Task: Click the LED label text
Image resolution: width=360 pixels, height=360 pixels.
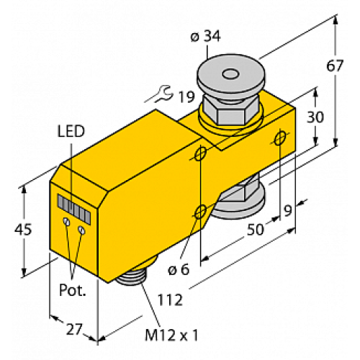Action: pyautogui.click(x=71, y=131)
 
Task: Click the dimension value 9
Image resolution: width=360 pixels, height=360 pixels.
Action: pyautogui.click(x=289, y=211)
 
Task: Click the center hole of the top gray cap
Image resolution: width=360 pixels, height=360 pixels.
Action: pyautogui.click(x=230, y=74)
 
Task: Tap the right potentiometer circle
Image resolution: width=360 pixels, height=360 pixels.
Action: pyautogui.click(x=82, y=230)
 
